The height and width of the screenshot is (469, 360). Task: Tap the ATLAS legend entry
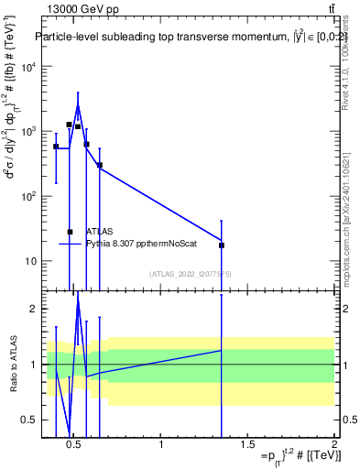point(100,232)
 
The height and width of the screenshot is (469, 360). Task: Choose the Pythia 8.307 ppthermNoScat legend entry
point(135,244)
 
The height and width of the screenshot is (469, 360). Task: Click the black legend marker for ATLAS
point(70,232)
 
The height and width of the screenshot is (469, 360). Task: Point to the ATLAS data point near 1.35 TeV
point(222,245)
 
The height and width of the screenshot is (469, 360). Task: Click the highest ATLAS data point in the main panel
point(69,125)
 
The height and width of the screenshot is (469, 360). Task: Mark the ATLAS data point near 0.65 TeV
point(100,166)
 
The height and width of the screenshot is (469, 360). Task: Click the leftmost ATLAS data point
point(56,147)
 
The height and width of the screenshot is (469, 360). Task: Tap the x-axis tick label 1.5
point(247,444)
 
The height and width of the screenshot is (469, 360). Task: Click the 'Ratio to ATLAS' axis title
point(14,364)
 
